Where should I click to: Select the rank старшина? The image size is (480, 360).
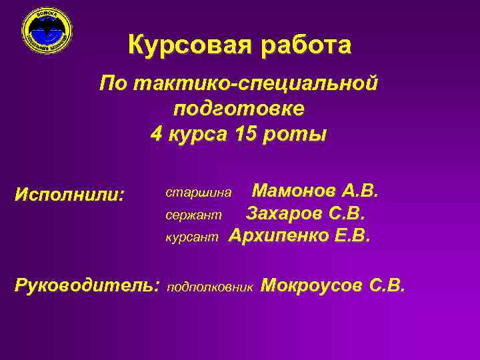[x=199, y=193]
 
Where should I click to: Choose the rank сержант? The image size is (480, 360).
[x=193, y=215]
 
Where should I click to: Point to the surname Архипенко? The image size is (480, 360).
[x=279, y=236]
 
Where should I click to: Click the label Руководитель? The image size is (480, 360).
[x=87, y=286]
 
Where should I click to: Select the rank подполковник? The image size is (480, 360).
[x=210, y=287]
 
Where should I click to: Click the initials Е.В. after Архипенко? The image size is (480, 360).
[x=352, y=236]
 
